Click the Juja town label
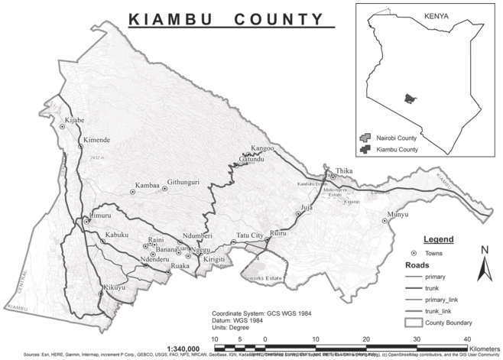click(307, 207)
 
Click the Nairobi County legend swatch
click(364, 138)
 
